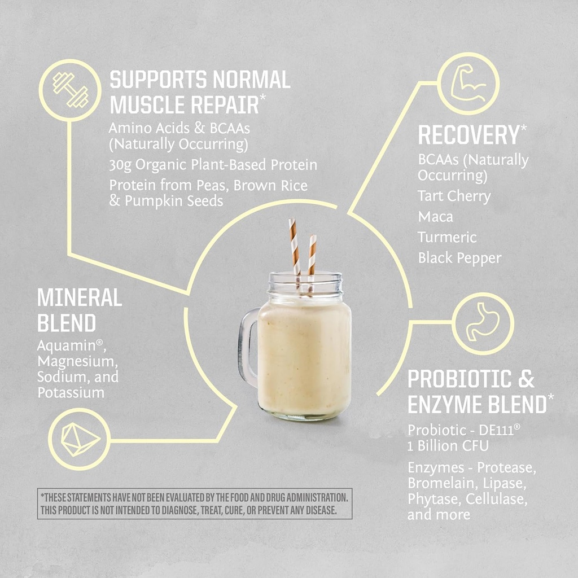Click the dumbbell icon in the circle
tap(71, 90)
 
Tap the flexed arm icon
tap(468, 83)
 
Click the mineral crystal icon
tap(79, 439)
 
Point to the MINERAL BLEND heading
tap(79, 310)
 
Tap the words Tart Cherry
tap(454, 196)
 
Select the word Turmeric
tap(447, 238)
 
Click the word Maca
tap(435, 217)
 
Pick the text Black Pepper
tap(459, 259)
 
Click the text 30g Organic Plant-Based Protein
tap(213, 165)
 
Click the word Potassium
tap(71, 392)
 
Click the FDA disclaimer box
tap(195, 503)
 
